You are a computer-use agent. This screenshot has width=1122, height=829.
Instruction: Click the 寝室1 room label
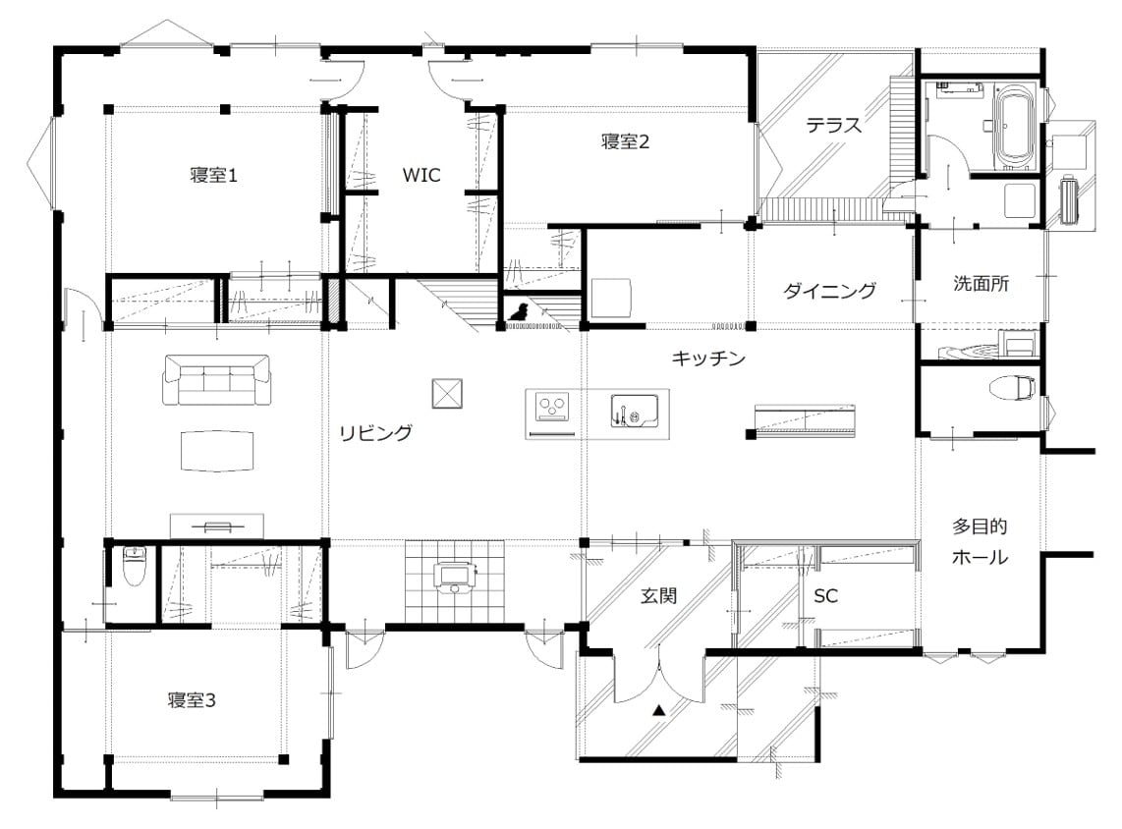(213, 175)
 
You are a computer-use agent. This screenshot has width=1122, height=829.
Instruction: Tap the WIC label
(421, 175)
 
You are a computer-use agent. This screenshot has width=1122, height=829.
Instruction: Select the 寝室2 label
(626, 140)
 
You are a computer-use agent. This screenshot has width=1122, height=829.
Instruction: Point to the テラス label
(833, 125)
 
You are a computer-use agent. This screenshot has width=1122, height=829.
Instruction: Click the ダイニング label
(829, 291)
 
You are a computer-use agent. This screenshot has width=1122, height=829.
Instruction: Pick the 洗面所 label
(982, 283)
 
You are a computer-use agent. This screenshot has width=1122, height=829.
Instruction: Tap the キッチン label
(708, 358)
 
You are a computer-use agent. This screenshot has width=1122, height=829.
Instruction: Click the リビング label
(375, 432)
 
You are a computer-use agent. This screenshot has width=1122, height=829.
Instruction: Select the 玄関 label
(658, 595)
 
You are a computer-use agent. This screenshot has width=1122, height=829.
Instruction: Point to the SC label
(825, 596)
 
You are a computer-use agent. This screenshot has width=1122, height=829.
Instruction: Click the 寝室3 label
(192, 699)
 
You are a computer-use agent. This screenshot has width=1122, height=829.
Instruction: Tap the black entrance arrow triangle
(659, 710)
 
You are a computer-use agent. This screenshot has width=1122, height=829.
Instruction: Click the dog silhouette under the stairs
(518, 312)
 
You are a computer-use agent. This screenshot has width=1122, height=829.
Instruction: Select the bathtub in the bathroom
(1015, 127)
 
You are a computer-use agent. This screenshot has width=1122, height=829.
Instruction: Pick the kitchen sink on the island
(634, 412)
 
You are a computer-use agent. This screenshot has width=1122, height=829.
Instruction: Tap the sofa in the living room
(217, 379)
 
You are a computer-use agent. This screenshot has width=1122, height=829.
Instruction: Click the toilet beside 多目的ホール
(1013, 388)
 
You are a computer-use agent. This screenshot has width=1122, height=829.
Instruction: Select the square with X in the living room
(447, 394)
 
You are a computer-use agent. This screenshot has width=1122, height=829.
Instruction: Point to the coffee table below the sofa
(217, 451)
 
